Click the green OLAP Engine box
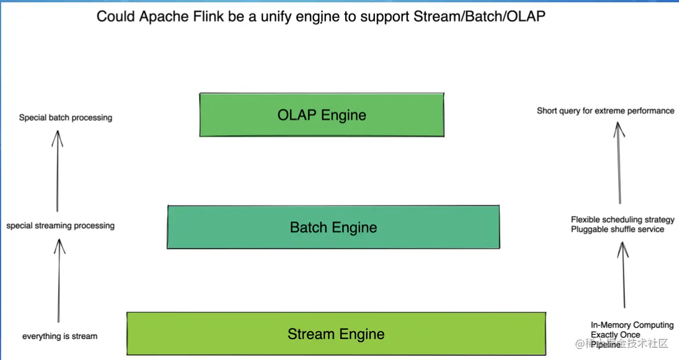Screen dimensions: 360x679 [322, 115]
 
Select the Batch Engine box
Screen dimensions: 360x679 [333, 227]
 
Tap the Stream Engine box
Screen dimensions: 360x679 [336, 334]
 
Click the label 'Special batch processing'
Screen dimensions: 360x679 [66, 118]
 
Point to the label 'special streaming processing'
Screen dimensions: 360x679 [60, 226]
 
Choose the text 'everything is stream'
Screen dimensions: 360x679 [60, 336]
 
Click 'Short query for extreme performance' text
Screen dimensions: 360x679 [605, 111]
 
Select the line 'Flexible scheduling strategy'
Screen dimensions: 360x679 [623, 220]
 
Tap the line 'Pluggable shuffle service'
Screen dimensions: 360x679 [617, 229]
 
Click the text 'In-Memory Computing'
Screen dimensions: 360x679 [632, 325]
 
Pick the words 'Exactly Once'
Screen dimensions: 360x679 [615, 335]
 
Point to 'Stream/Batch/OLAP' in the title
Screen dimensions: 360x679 [479, 16]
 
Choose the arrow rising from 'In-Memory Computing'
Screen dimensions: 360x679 [623, 275]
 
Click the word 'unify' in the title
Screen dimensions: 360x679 [276, 16]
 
